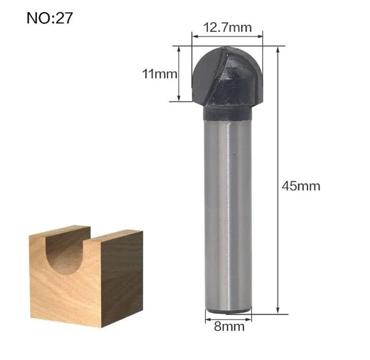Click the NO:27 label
coord(50,18)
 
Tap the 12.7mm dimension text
coord(227,27)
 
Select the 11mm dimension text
coord(160,74)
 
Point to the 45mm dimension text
coord(301,186)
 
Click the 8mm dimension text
coord(229,327)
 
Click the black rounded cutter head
coord(227,76)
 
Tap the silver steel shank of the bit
coord(228,216)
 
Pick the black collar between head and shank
coord(227,113)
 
